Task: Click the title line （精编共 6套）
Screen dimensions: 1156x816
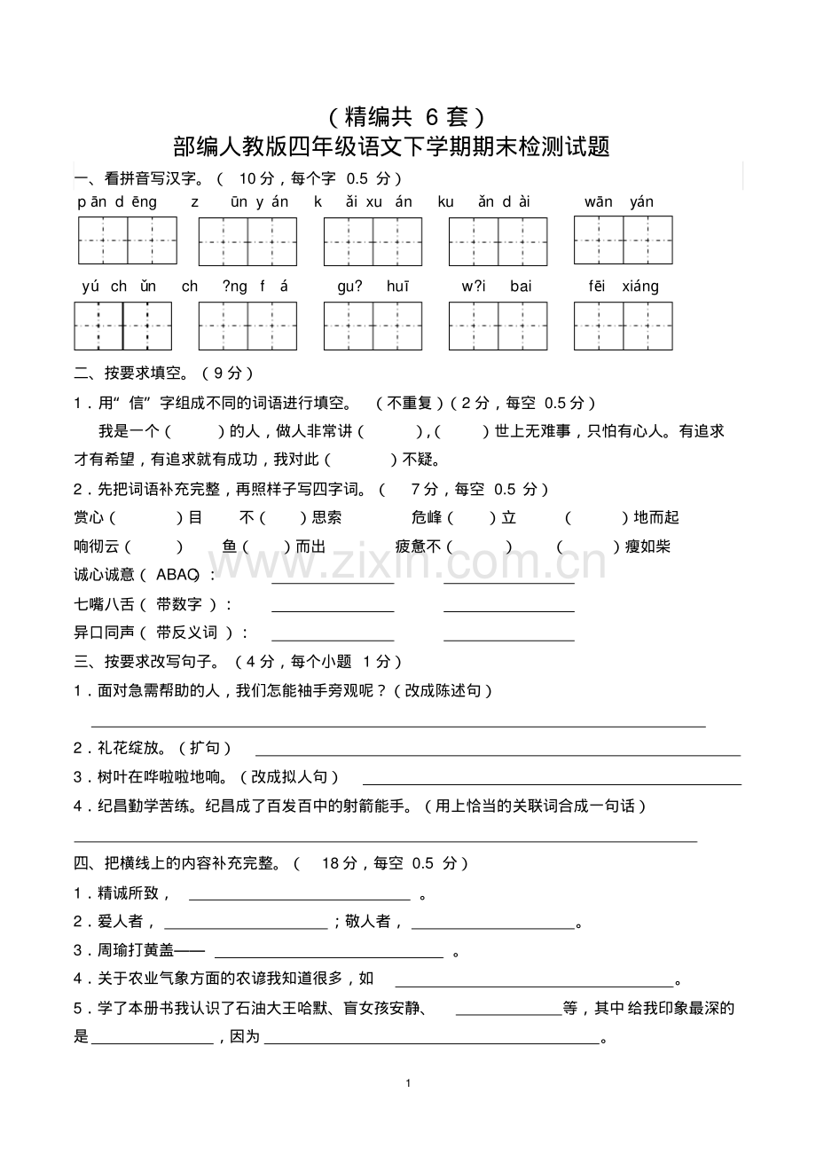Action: point(404,116)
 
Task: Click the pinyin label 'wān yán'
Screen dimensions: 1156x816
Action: point(618,202)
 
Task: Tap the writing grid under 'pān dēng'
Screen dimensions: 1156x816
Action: point(127,240)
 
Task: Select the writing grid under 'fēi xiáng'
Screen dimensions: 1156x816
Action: point(623,326)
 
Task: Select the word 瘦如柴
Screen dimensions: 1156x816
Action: point(647,547)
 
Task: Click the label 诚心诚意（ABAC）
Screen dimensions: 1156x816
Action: point(142,575)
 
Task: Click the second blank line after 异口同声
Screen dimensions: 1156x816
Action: point(508,640)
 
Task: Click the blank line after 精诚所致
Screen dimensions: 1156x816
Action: point(300,899)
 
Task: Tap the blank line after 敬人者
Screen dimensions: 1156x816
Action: point(493,928)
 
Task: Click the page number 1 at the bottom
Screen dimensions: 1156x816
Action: point(407,1083)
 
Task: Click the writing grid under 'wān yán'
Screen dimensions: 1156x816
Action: point(623,240)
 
